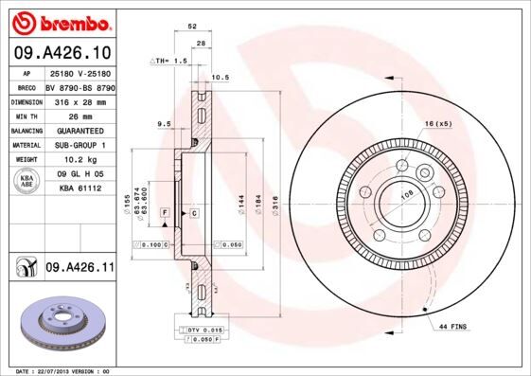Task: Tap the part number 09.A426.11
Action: pyautogui.click(x=80, y=269)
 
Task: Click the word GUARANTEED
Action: pyautogui.click(x=79, y=131)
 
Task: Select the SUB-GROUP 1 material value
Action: pyautogui.click(x=79, y=145)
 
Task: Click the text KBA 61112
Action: pyautogui.click(x=80, y=189)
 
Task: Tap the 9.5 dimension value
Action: pyautogui.click(x=163, y=123)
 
